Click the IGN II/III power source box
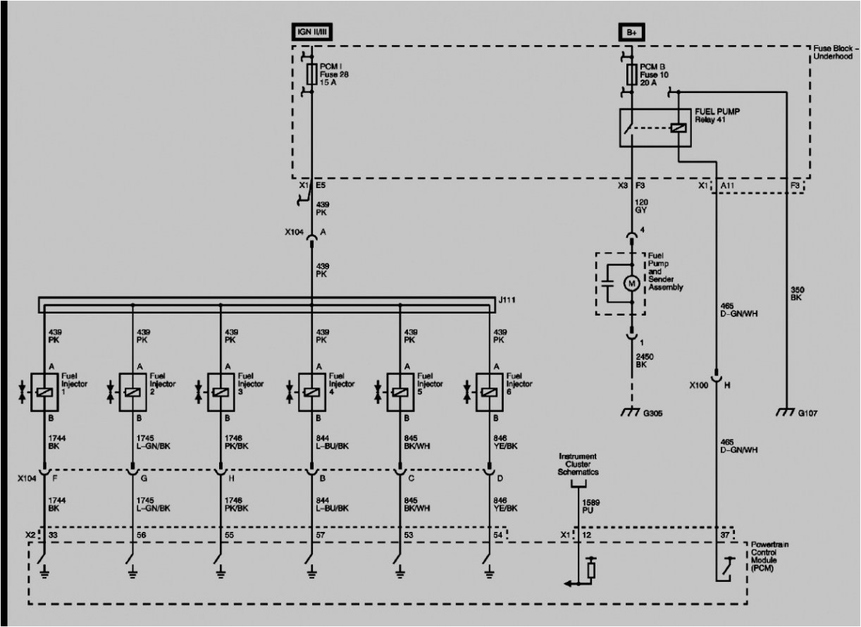click(311, 32)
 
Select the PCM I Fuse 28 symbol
click(311, 75)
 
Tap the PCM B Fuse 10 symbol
click(632, 75)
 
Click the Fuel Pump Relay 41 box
click(656, 128)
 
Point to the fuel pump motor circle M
click(631, 283)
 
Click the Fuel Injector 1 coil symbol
click(44, 389)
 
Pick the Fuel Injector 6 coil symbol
click(489, 389)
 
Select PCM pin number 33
click(51, 535)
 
